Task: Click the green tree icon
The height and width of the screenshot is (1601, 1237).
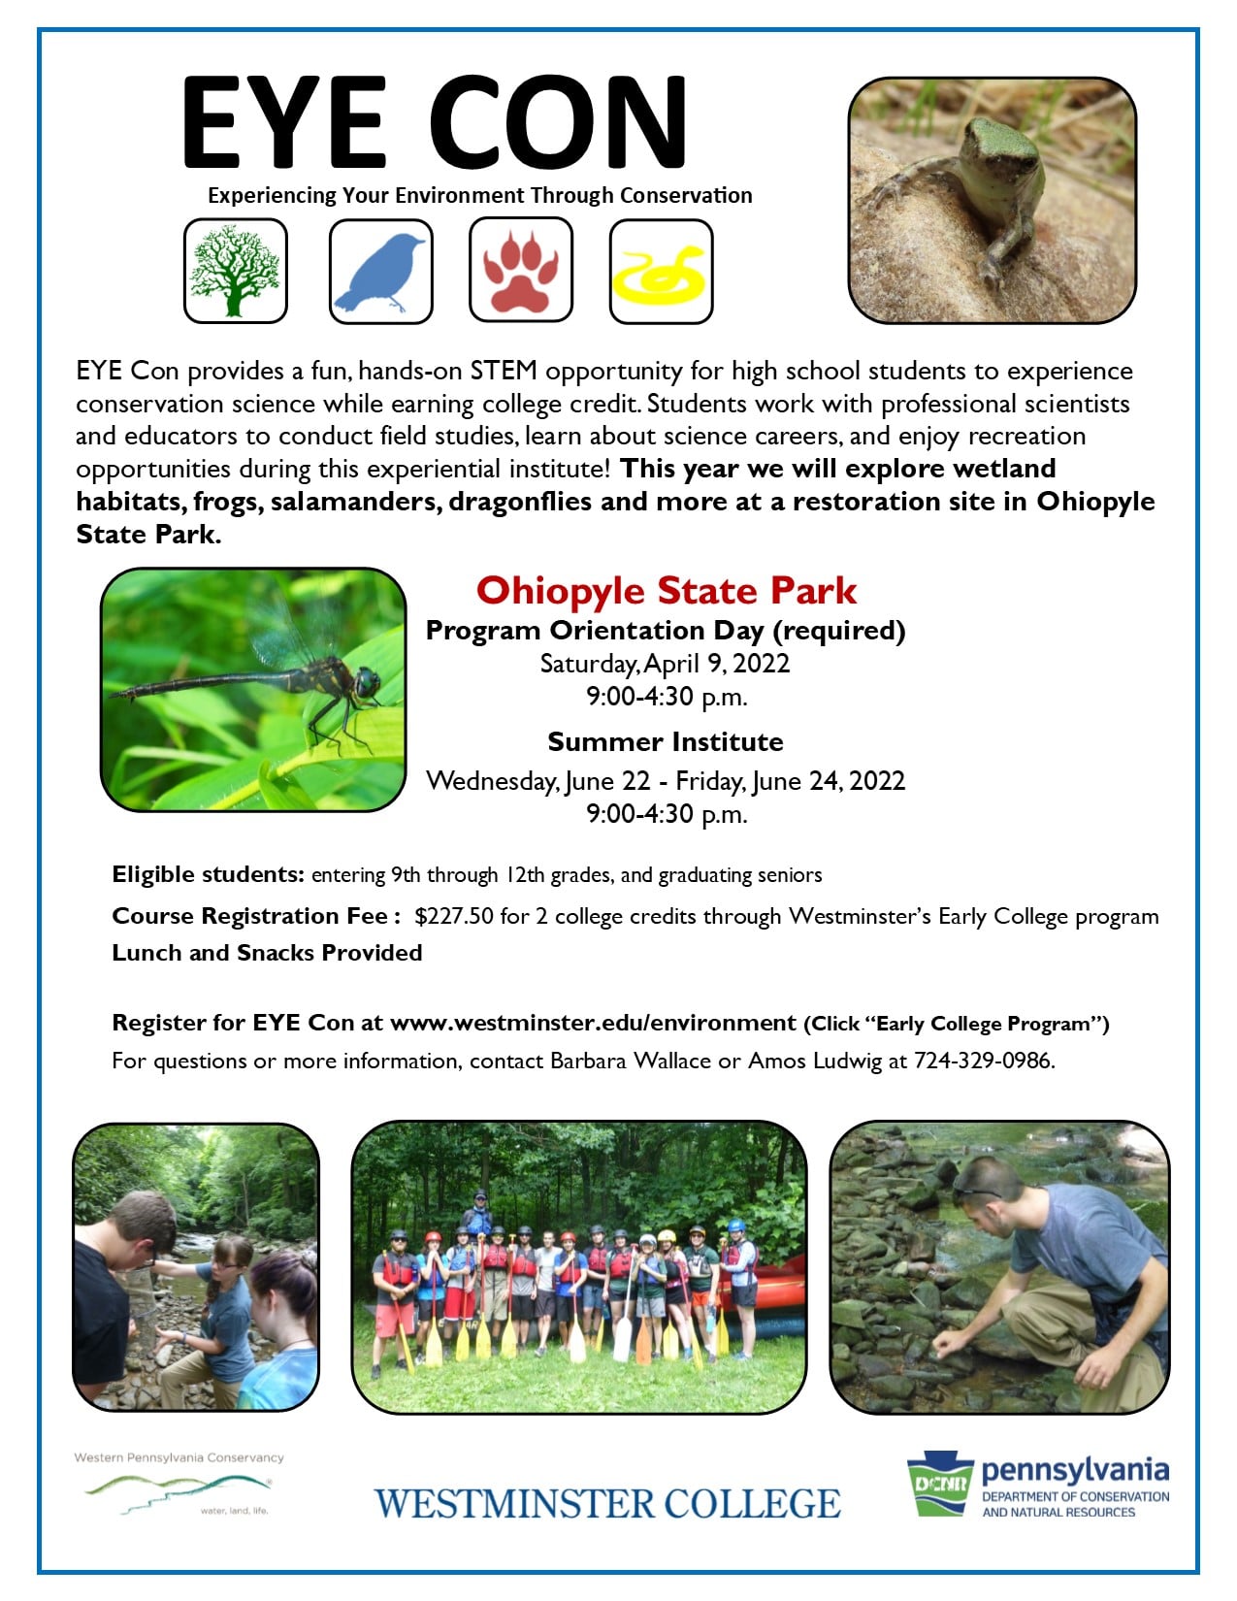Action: [x=235, y=271]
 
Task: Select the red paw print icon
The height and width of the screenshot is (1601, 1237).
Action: [x=520, y=271]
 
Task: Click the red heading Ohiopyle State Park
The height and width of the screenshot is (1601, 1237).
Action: [x=666, y=591]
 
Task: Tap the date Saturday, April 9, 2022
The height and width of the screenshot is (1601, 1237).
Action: [x=666, y=663]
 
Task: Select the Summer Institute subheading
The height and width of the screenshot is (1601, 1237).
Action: [x=666, y=741]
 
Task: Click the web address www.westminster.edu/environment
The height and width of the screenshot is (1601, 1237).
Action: [x=593, y=1023]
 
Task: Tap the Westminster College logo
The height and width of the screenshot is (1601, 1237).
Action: [x=607, y=1504]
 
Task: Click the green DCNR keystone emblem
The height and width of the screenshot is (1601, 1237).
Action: [x=940, y=1484]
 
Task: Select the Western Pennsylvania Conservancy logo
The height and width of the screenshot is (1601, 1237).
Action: [x=179, y=1484]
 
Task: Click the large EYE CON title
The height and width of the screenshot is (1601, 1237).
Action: [x=435, y=121]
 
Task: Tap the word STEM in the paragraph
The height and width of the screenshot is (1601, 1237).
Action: [x=504, y=371]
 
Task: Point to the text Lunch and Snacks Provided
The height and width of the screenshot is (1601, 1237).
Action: [x=267, y=953]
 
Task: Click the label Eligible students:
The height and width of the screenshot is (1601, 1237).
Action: [x=208, y=874]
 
